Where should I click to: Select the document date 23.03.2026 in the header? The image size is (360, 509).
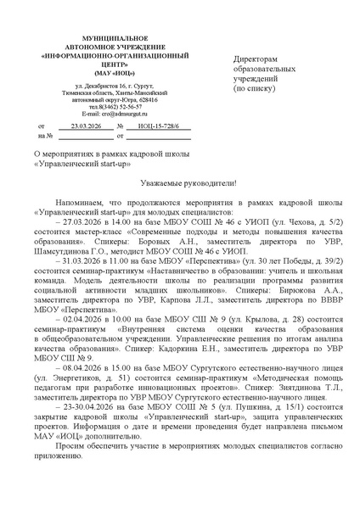tap(85, 126)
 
